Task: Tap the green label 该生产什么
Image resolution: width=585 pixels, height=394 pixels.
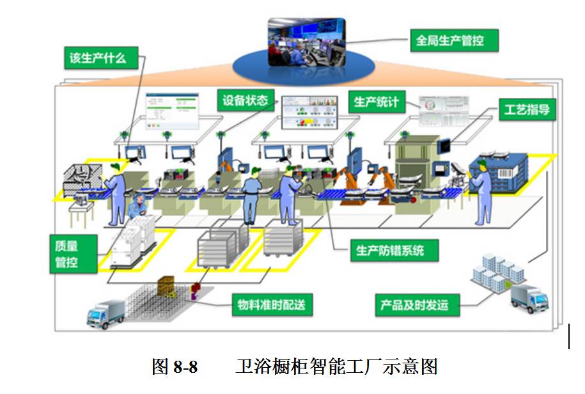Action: tap(98, 59)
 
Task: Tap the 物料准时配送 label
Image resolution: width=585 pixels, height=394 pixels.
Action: tap(272, 304)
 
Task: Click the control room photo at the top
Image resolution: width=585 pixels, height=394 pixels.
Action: tap(306, 42)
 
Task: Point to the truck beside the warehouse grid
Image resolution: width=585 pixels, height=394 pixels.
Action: tap(106, 313)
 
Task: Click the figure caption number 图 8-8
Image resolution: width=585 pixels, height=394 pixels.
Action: tap(175, 367)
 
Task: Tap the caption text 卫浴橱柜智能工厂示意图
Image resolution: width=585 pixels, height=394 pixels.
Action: tap(336, 367)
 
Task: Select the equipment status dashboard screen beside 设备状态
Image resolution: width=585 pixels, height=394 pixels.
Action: tap(310, 112)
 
